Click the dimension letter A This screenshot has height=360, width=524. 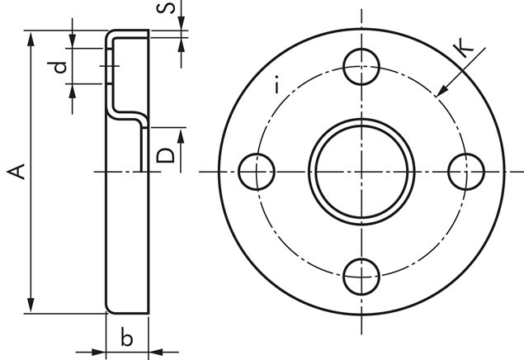[16, 172]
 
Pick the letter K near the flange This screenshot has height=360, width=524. [465, 47]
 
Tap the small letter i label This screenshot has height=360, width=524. [276, 85]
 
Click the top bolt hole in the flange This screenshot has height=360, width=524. [361, 67]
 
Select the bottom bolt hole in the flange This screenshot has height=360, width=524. [361, 277]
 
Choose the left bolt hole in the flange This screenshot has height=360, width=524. [257, 172]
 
